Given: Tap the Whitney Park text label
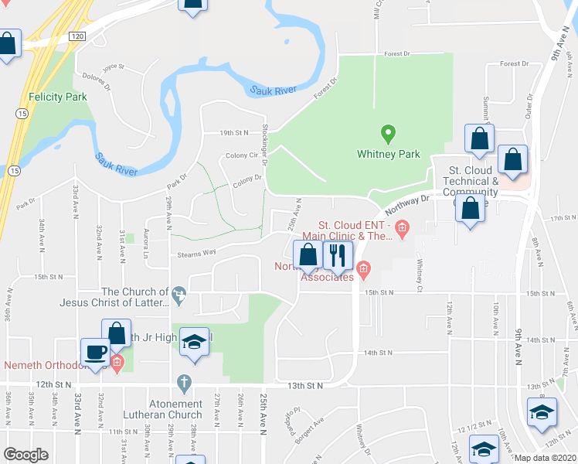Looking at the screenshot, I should [389, 154].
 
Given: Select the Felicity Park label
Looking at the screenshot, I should [58, 97].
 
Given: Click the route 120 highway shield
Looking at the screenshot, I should [76, 36].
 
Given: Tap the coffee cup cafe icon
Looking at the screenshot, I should [96, 352].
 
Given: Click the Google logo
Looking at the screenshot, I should [25, 455].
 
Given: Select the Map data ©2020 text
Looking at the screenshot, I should [546, 458].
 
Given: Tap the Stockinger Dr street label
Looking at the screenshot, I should [263, 145].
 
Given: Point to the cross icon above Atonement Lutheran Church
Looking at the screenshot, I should [183, 383].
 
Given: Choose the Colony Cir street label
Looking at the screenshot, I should [241, 155].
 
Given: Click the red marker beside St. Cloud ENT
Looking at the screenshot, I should [401, 227].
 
